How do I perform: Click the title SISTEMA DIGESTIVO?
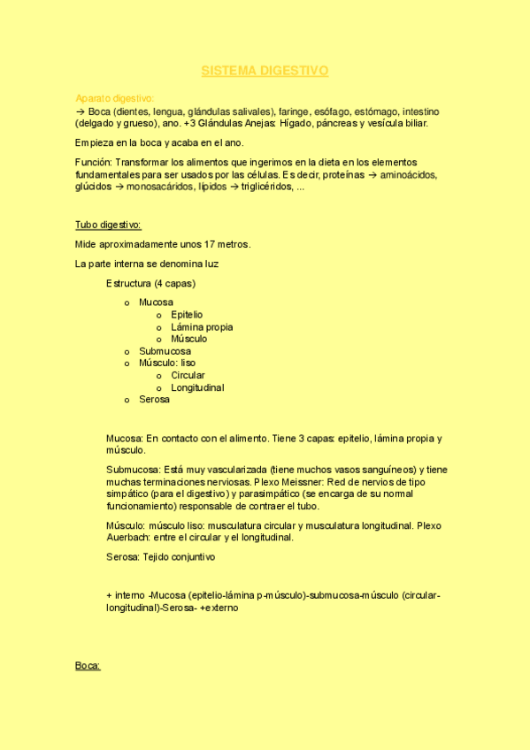point(265,70)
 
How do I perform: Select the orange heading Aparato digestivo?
point(115,98)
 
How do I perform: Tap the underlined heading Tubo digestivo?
point(108,225)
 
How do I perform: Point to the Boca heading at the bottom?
point(88,665)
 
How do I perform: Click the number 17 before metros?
point(210,243)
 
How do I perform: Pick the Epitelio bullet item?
point(187,315)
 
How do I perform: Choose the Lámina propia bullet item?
point(202,327)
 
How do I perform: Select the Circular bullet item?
point(188,375)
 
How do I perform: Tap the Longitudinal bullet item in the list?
point(197,387)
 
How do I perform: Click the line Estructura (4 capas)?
point(150,284)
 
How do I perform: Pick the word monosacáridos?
point(162,187)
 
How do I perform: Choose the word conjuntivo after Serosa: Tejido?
point(190,557)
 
